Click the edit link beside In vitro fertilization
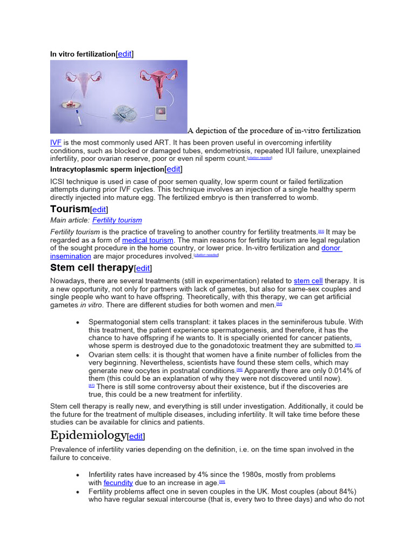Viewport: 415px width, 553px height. click(125, 54)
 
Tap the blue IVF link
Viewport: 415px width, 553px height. click(56, 143)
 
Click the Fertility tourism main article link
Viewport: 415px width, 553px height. click(117, 220)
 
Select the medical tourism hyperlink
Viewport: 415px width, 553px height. click(148, 240)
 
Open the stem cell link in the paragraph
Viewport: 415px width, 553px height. click(308, 281)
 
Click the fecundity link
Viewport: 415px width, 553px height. click(118, 482)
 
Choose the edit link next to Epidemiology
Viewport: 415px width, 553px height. click(136, 436)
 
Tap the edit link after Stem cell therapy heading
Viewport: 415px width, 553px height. click(143, 268)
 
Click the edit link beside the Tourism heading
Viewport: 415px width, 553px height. click(99, 210)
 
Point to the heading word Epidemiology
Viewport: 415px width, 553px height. click(88, 435)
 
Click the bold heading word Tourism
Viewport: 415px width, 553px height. click(70, 209)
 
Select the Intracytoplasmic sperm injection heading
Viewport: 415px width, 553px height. click(107, 169)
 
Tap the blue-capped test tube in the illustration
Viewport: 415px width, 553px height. click(79, 117)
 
